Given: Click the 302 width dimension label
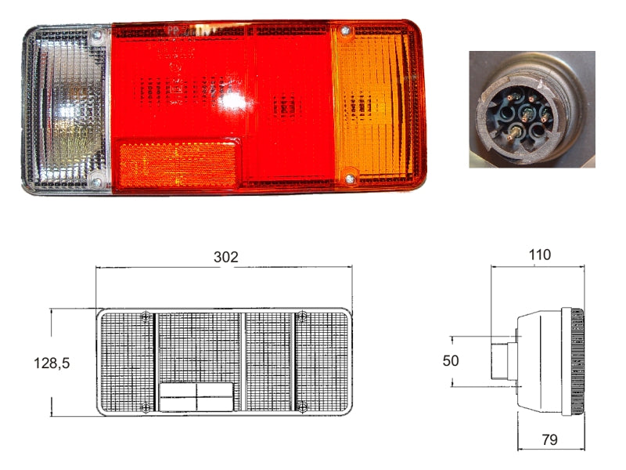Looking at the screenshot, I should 225,257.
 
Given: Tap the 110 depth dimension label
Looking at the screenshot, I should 539,255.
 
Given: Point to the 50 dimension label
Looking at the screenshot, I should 450,360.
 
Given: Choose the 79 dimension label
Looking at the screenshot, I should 549,440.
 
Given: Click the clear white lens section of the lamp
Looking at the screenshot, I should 67,110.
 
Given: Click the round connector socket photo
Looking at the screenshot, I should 532,110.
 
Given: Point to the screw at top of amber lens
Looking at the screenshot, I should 345,32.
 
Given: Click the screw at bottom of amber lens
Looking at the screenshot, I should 349,180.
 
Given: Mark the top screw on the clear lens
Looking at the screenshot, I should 96,35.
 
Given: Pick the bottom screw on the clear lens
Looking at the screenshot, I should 96,182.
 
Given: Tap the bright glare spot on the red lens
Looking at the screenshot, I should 231,99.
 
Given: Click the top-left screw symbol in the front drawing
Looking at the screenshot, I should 147,316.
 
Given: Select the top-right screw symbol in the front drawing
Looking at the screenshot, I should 302,316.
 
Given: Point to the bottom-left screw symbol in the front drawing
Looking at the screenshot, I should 146,406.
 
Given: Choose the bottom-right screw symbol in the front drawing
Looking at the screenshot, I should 303,406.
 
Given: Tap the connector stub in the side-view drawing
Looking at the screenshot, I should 501,361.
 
